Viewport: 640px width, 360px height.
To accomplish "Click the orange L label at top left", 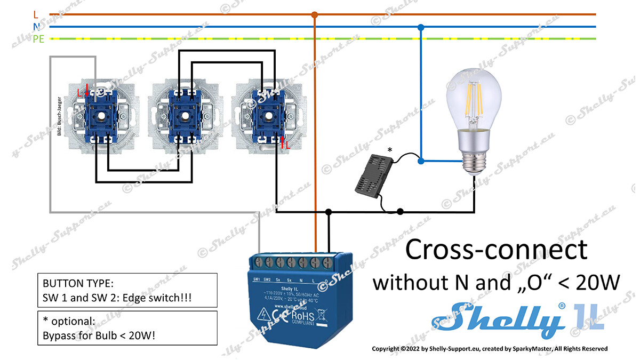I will click(x=36, y=15).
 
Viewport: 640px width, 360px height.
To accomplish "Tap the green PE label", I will click(x=38, y=39).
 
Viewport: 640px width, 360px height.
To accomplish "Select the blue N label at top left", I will click(x=36, y=27).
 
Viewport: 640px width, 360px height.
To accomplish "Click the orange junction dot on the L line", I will click(x=315, y=15).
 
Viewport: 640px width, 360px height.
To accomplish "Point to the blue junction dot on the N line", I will click(x=421, y=27).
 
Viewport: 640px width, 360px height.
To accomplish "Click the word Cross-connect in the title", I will click(x=497, y=250).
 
